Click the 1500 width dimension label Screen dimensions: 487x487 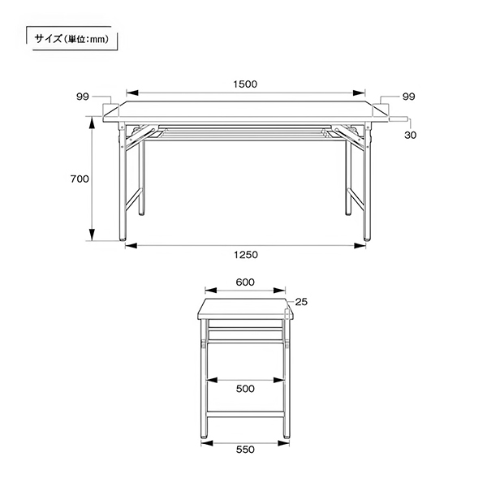tap(245, 84)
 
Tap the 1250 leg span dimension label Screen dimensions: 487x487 tap(246, 255)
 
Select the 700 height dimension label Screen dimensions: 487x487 tap(80, 179)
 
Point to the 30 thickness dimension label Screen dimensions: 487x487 tap(410, 135)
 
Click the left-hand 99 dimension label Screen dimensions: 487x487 tap(83, 97)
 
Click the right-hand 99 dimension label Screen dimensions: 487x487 tap(408, 97)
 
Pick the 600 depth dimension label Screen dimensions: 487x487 tap(245, 282)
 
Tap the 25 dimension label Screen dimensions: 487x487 tap(301, 302)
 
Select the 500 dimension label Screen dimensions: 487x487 tap(245, 389)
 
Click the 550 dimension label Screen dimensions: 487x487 tap(245, 450)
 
